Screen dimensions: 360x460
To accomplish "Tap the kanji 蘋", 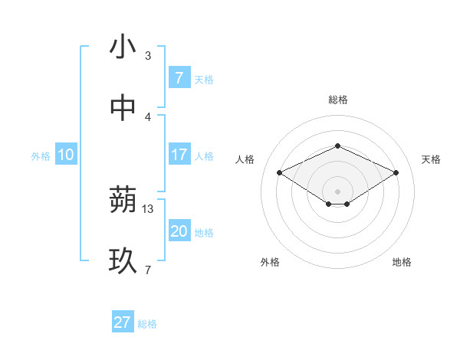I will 123,200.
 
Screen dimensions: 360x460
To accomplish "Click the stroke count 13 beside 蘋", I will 148,208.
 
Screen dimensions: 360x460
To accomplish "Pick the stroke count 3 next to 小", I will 148,55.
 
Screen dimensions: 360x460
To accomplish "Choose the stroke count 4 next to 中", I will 148,116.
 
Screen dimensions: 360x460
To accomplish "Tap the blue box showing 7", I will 179,78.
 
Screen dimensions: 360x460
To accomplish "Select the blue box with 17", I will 179,155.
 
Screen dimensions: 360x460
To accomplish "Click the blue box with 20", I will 179,231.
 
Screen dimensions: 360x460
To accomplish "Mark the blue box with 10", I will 66,155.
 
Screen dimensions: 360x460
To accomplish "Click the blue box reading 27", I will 123,322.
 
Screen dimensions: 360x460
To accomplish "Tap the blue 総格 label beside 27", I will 147,324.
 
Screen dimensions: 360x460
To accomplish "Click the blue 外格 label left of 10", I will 41,156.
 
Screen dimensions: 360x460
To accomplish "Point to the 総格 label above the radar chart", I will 337,100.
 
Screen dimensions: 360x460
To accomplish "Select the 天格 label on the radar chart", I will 431,159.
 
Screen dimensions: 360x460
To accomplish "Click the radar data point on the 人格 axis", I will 279,172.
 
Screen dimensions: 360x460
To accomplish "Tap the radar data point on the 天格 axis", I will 396,172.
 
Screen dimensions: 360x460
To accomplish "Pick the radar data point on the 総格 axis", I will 337,146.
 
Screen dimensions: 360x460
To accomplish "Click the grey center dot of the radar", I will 337,191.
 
